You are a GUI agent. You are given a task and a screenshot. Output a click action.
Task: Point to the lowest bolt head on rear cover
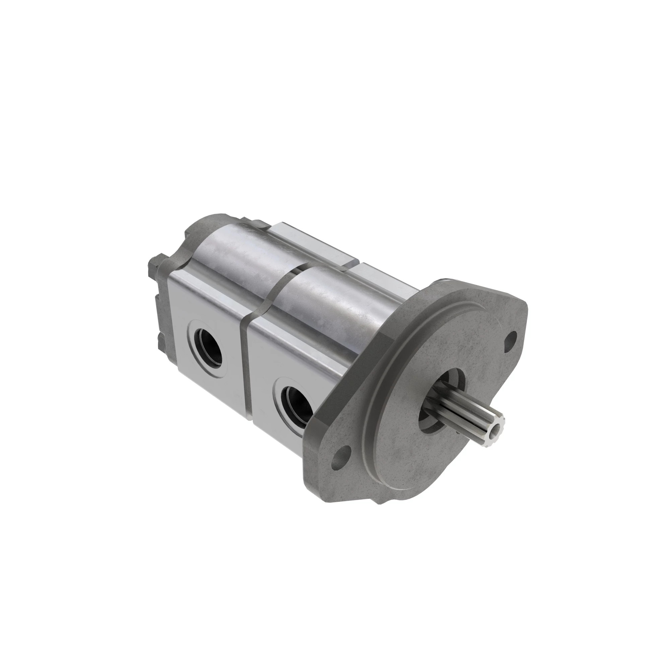pos(161,341)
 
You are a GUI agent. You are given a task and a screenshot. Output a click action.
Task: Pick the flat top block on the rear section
pos(312,243)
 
